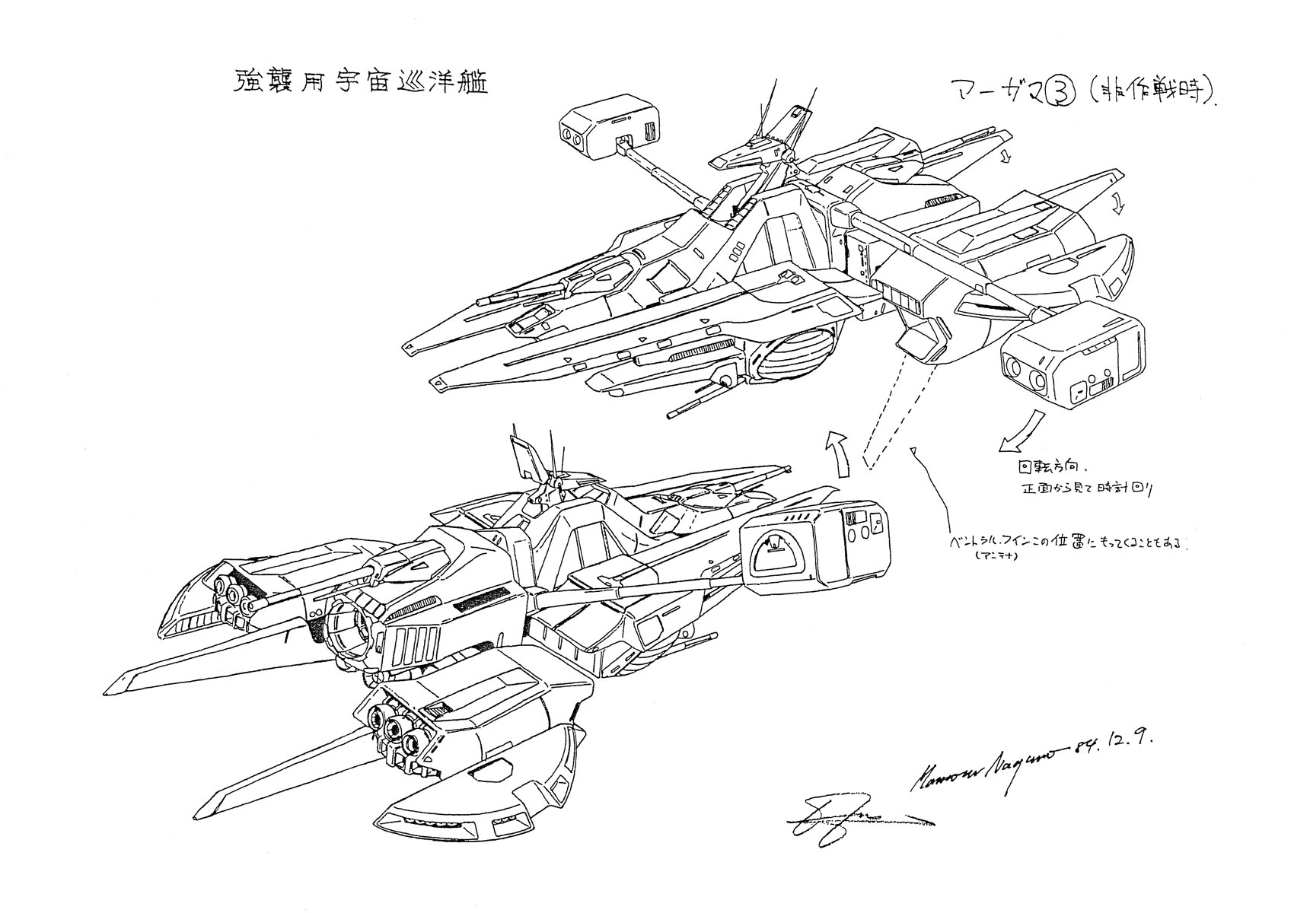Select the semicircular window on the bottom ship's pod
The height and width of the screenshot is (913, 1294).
[776, 564]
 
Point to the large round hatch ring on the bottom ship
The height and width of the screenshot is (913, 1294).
[352, 628]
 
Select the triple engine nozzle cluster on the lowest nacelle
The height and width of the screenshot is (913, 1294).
[393, 723]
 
